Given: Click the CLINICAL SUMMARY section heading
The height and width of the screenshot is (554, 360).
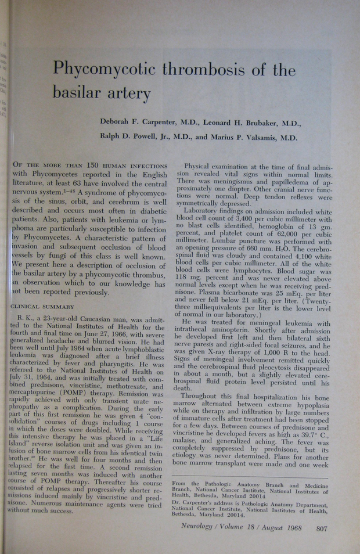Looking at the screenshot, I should coord(43,306).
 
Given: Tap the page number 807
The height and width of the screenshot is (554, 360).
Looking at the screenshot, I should coord(322,528).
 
